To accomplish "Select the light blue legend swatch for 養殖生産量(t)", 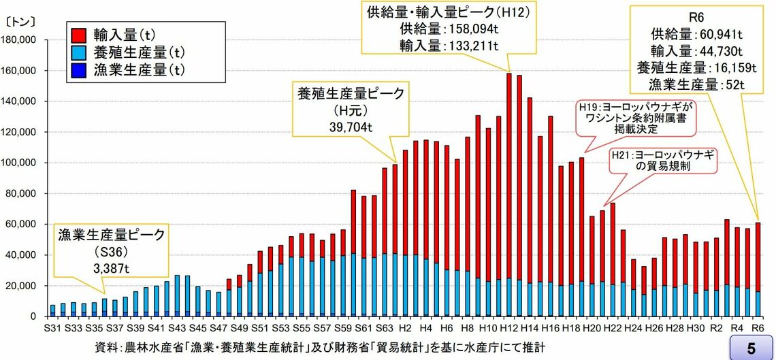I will (x=78, y=50).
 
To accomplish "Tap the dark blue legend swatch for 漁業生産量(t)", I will (x=78, y=69).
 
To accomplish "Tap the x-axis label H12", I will (x=508, y=327).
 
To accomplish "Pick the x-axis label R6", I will (x=758, y=327).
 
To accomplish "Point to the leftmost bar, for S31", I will (x=53, y=310).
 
